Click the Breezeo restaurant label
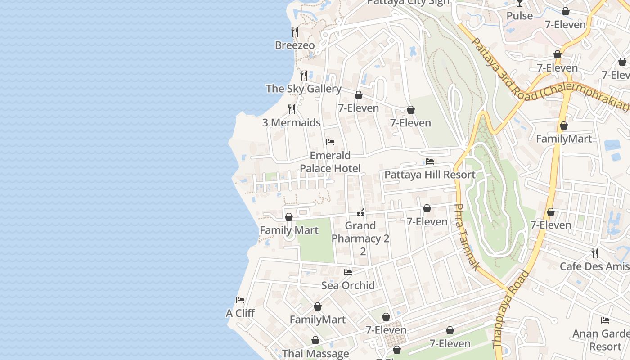[295, 45]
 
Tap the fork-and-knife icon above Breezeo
[295, 31]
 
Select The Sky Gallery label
[303, 89]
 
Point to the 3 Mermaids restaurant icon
[292, 109]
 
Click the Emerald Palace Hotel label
[330, 162]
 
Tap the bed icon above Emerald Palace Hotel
[330, 142]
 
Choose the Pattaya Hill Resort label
[430, 175]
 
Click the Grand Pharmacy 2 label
[360, 232]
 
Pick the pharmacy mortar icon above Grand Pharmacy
[360, 212]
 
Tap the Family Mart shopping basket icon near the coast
[289, 217]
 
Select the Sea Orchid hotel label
[348, 285]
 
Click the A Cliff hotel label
[240, 313]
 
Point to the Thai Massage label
[315, 354]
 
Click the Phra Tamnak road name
[465, 237]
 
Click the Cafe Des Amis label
[594, 266]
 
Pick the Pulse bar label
[520, 16]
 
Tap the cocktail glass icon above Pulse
[520, 3]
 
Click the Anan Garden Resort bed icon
[605, 320]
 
